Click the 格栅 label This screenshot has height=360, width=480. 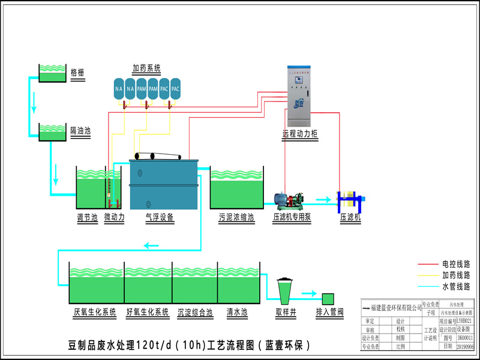point(77,73)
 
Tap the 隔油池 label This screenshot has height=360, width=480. point(80,130)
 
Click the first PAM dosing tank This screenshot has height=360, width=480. point(142,89)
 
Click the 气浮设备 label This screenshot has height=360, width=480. point(160,218)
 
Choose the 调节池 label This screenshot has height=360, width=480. point(87,218)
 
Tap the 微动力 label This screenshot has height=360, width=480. point(114,218)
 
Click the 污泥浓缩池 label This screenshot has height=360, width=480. point(236,218)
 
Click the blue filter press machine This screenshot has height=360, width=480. point(349,200)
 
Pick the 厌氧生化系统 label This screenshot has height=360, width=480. point(94,312)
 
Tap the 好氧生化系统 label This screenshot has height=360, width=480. point(148,312)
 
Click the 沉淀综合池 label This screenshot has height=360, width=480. point(195,312)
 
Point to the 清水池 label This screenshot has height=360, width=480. point(237,312)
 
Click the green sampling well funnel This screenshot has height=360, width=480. point(284,290)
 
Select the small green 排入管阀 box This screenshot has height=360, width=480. point(328,298)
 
